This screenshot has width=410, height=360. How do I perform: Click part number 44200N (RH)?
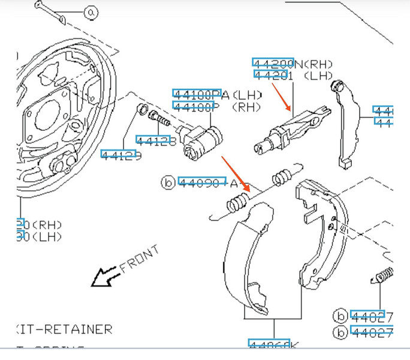(x=293, y=63)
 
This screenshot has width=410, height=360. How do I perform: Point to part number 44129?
(x=121, y=154)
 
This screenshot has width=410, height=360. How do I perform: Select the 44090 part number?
(x=201, y=182)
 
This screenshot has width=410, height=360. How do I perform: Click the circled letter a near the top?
(x=91, y=12)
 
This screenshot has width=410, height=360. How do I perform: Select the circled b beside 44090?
(x=168, y=182)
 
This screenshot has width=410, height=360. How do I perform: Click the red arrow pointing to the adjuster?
(x=281, y=97)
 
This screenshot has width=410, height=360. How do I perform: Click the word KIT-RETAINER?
(x=64, y=329)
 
